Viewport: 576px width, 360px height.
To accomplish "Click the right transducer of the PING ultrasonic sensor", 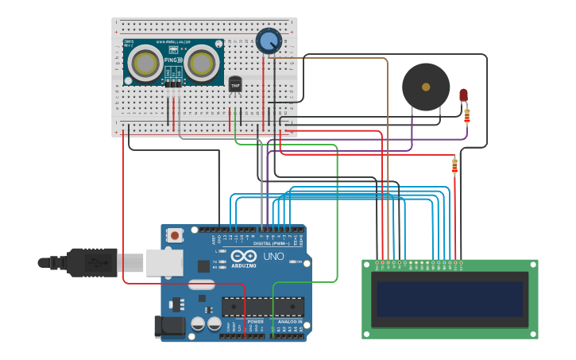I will [x=203, y=62].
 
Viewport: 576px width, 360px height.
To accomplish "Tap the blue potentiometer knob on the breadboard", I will [x=269, y=41].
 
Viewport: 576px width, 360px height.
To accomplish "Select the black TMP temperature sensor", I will [x=235, y=84].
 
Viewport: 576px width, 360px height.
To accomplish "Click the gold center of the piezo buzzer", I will [x=426, y=87].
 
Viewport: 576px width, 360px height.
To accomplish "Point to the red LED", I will [x=464, y=95].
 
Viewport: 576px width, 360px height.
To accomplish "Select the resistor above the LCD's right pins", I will [x=454, y=165].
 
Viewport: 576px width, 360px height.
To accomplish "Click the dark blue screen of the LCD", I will [x=450, y=299].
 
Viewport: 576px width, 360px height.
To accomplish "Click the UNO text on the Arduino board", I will [x=273, y=257].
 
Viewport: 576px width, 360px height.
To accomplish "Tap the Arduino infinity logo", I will [x=245, y=257].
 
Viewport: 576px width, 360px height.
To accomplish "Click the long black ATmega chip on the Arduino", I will [x=263, y=306].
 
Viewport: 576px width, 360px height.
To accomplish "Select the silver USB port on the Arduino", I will [x=164, y=262].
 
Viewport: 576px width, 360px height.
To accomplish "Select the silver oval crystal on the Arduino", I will [x=202, y=284].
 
